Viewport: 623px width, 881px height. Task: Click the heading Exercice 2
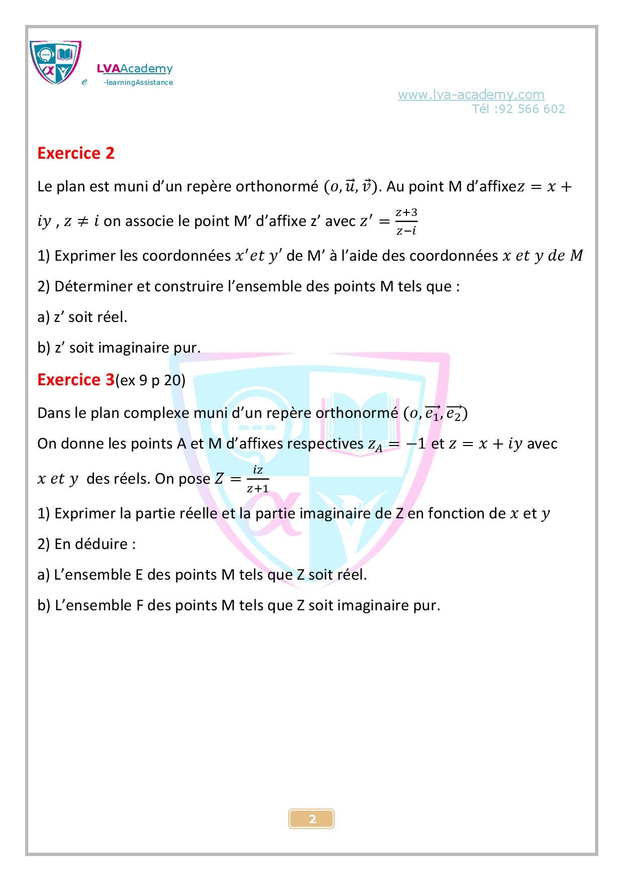[76, 153]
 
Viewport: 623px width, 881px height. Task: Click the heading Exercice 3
[76, 380]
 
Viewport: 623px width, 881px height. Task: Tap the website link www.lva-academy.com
[471, 94]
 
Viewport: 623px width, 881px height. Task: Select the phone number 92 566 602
[532, 109]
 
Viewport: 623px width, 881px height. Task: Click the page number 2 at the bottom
[312, 819]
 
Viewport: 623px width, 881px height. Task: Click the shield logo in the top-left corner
[55, 63]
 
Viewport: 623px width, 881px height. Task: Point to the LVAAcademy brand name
[134, 69]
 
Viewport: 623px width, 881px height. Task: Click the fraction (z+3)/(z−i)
[406, 222]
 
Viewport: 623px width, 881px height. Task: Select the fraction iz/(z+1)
[258, 479]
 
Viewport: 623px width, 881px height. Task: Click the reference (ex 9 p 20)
[150, 380]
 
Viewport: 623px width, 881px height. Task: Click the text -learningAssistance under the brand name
[138, 83]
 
